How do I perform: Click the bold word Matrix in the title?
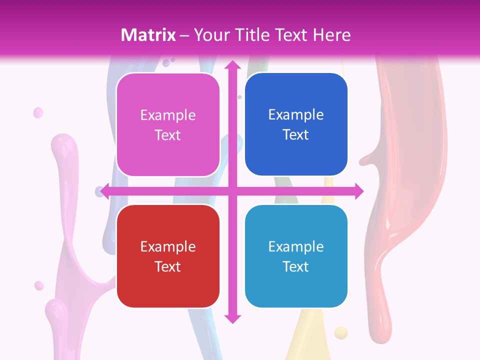[x=148, y=35]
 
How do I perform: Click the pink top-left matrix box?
[x=168, y=124]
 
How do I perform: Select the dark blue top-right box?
[x=296, y=124]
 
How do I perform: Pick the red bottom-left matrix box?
[x=168, y=256]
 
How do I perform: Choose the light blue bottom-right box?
[x=296, y=256]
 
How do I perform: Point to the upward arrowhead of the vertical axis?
[x=232, y=65]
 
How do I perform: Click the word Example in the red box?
[x=168, y=246]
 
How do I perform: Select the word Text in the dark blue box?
[x=296, y=135]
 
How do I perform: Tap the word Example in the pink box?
[x=168, y=115]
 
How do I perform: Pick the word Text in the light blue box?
[x=296, y=266]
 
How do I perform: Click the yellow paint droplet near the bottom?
[x=340, y=331]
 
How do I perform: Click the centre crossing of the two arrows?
[x=232, y=191]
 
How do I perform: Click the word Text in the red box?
[x=168, y=266]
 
